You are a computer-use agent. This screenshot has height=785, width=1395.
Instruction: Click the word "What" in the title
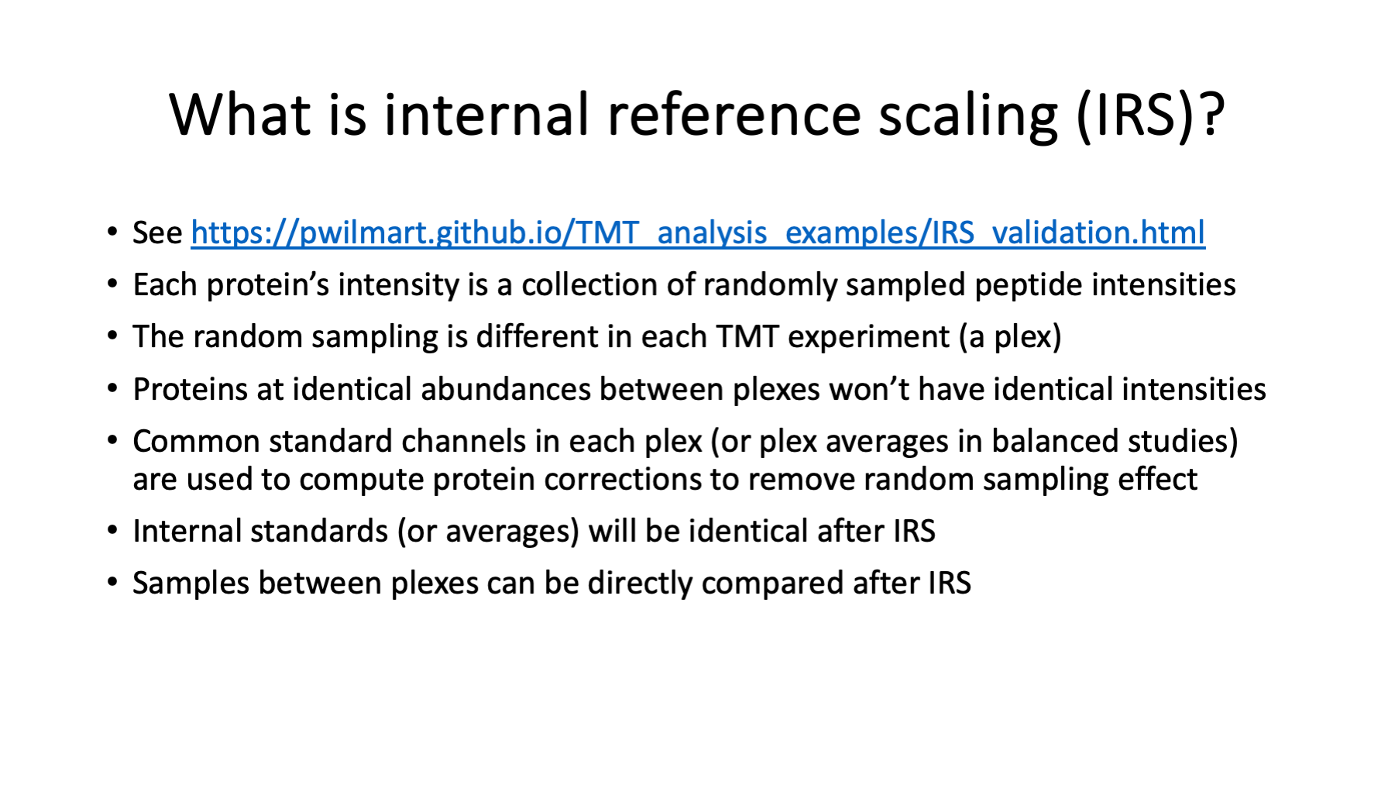[240, 115]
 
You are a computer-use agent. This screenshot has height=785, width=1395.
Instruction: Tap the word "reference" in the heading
[734, 115]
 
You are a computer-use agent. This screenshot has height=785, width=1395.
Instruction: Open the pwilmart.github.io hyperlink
[698, 232]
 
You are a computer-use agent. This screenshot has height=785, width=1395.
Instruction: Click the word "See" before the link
[157, 232]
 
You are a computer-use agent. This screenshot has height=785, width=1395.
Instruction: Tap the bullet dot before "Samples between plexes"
[113, 583]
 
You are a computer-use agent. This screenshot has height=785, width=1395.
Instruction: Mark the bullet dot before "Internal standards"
[113, 531]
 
